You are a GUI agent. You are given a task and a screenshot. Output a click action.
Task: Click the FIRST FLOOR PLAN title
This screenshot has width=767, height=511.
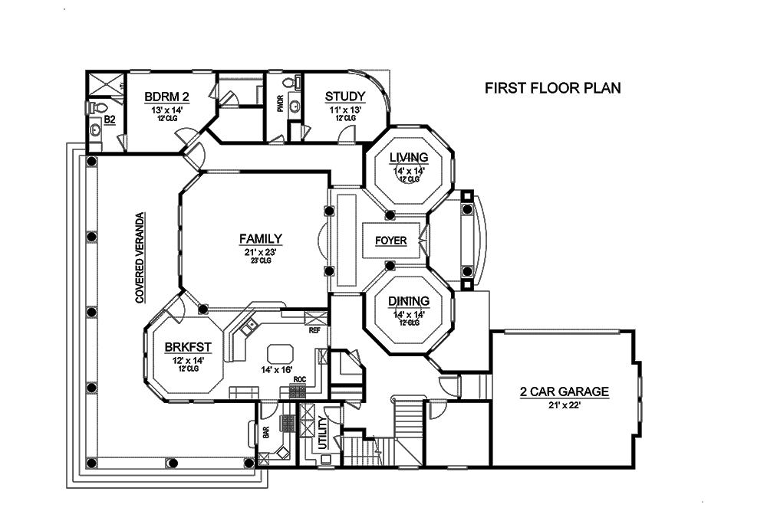pos(552,88)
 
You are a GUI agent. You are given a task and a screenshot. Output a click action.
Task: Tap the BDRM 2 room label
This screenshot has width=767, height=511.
pos(166,97)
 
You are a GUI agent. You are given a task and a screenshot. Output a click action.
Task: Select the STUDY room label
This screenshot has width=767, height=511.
pos(344,97)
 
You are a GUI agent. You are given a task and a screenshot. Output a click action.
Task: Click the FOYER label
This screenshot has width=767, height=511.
pos(390,241)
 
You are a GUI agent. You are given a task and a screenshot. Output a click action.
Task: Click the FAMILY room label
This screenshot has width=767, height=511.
pos(260,238)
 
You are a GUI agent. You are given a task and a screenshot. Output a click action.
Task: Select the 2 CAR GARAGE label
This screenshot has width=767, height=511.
pos(564,392)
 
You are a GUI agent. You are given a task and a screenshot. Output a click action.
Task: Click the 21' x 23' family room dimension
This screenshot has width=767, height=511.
pos(260,251)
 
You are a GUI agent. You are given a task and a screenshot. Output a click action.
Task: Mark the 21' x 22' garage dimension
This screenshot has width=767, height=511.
pos(564,406)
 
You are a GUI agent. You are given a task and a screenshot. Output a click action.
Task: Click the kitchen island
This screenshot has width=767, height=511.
pos(279,354)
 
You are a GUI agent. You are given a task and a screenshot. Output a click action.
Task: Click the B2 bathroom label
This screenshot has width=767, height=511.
pos(109,120)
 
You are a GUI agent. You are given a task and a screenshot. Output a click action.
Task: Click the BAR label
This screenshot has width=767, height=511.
pos(266,432)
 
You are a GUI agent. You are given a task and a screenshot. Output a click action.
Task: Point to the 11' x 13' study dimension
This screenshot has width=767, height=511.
pos(344,110)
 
